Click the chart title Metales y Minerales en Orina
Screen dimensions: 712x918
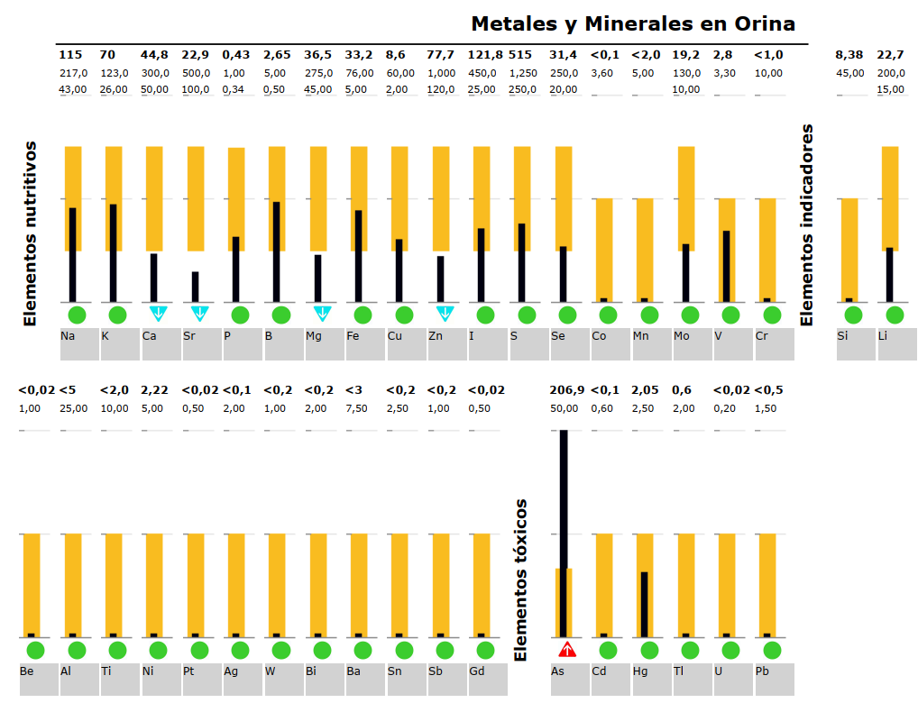coord(633,23)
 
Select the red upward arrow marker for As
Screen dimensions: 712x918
coord(566,649)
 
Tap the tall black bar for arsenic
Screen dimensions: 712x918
coord(564,532)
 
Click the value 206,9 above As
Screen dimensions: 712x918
coord(566,390)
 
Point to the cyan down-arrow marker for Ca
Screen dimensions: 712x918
coord(158,314)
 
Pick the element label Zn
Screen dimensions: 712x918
coord(436,336)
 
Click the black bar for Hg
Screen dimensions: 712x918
coord(645,604)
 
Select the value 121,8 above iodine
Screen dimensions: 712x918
coord(485,55)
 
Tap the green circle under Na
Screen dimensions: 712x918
coord(76,315)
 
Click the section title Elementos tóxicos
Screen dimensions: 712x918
coord(520,580)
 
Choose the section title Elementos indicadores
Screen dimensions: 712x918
coord(807,225)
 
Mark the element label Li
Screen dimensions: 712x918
coord(883,336)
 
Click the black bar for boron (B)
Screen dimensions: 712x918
coord(276,252)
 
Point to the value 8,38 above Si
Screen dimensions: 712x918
coord(849,55)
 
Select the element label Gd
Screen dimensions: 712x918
coord(476,671)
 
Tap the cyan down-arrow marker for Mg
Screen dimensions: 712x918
coord(322,314)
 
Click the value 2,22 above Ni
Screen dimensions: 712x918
coord(154,390)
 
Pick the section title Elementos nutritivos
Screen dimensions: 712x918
coord(30,233)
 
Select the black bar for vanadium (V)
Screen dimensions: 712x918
coord(726,266)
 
